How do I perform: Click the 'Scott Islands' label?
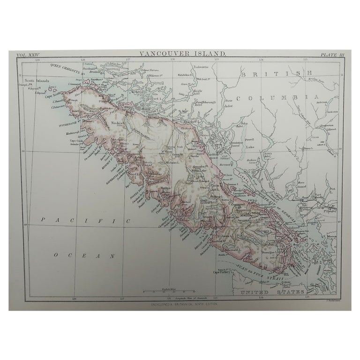click(x=37, y=81)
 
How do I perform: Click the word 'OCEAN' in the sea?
click(x=84, y=255)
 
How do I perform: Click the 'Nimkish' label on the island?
click(x=118, y=123)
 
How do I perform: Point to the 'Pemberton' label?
click(x=326, y=126)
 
